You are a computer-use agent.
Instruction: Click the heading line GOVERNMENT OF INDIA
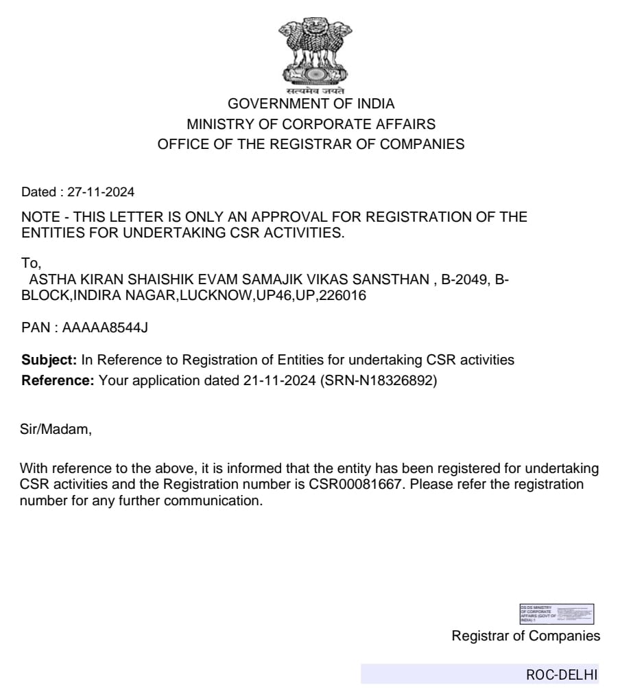tap(311, 104)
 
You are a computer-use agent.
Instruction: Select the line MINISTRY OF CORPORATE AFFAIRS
tap(311, 124)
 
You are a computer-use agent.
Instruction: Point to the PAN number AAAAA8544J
tap(105, 327)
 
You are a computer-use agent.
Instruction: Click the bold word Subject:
tap(49, 360)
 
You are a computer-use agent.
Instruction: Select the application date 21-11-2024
tap(280, 380)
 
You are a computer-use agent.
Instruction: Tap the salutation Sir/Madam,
tap(55, 430)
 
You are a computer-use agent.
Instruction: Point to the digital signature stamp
tap(556, 613)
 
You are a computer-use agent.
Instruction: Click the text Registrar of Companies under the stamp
tap(525, 636)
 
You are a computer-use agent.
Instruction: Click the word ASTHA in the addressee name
tap(49, 281)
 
